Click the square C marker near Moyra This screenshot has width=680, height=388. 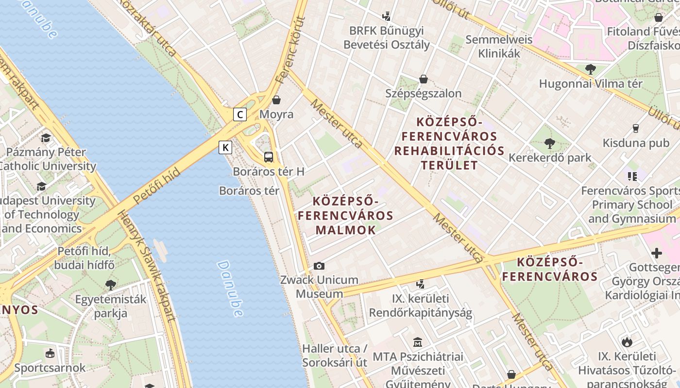point(240,114)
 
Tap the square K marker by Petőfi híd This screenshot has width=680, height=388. point(225,147)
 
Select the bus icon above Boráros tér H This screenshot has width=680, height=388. point(268,157)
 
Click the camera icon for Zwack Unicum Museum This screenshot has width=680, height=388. point(319,266)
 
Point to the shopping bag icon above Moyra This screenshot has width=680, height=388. point(276,100)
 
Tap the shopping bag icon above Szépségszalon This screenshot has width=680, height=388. point(424,79)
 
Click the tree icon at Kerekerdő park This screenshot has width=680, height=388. point(550,143)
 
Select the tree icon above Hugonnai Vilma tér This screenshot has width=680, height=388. point(591,69)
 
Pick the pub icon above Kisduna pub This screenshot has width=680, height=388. point(635,129)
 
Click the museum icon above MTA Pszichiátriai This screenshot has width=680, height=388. point(418,342)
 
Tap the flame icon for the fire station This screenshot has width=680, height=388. point(627,342)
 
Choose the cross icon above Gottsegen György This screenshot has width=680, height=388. point(657,253)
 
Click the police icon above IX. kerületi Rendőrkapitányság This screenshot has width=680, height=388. point(421,284)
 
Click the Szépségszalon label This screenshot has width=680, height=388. point(424,93)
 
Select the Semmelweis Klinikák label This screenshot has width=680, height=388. point(499,46)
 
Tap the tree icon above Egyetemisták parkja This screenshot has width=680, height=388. point(111,285)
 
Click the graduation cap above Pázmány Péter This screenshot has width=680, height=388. point(46,138)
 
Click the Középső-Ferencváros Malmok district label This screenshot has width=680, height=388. point(345,215)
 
